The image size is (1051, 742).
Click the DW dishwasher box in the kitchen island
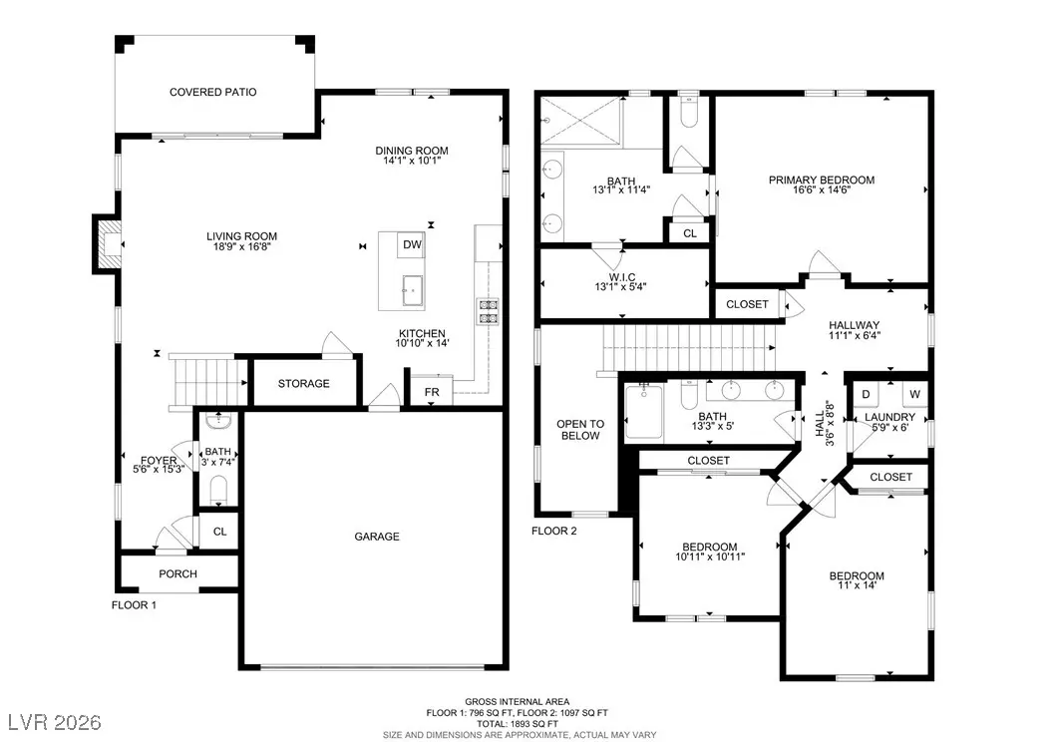[412, 245]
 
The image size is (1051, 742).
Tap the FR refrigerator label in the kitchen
[432, 392]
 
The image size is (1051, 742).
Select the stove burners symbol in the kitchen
[488, 311]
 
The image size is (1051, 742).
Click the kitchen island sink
[413, 290]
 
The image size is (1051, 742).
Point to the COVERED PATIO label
[213, 93]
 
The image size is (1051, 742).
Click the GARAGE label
[377, 537]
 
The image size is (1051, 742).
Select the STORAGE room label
[304, 383]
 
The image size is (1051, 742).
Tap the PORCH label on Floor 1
[177, 573]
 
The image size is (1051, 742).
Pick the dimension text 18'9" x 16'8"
[241, 246]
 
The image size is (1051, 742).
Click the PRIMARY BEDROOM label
[821, 180]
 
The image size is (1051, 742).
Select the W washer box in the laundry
[915, 394]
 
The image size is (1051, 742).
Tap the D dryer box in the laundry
[866, 394]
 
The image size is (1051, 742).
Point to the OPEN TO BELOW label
[580, 430]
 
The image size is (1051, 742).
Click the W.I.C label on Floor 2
[622, 277]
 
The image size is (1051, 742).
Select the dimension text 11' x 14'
[857, 585]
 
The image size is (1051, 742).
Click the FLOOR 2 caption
[554, 531]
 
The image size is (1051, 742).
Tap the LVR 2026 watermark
[55, 722]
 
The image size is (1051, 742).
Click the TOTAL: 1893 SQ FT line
[518, 724]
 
